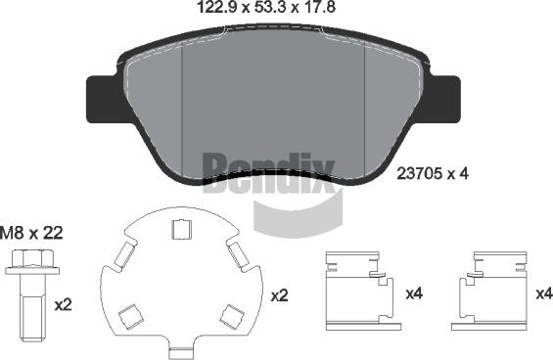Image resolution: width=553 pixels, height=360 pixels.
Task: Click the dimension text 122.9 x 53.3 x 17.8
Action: (x=266, y=7)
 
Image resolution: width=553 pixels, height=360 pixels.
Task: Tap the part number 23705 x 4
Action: (x=433, y=173)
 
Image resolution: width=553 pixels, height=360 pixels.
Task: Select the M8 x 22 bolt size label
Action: (x=31, y=233)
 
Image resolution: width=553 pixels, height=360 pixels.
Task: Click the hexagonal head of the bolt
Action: (x=32, y=258)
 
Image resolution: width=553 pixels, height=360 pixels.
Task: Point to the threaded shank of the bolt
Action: (x=32, y=308)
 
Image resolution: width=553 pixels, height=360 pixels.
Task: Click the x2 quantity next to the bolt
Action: (x=63, y=305)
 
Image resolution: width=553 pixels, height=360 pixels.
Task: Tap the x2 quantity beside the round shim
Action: (x=280, y=295)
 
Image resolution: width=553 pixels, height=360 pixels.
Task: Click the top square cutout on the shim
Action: (x=182, y=229)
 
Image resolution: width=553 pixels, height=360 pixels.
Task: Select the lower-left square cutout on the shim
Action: (x=131, y=316)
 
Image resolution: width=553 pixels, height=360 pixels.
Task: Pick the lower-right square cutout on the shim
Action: (x=232, y=317)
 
